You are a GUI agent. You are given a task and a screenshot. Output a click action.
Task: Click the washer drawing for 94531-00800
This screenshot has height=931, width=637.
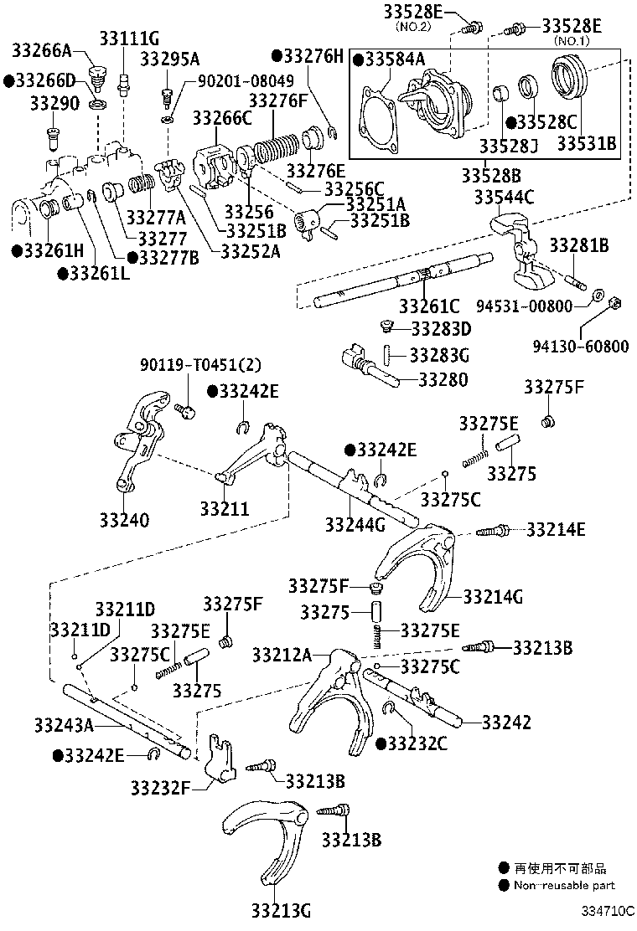[597, 295]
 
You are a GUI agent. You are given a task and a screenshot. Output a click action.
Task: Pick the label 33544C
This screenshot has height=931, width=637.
[505, 198]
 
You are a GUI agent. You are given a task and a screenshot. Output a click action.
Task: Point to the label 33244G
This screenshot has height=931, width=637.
[355, 524]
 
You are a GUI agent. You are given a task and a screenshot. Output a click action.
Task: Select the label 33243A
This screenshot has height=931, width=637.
[64, 723]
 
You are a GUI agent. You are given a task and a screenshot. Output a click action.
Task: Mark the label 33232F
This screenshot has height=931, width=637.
[161, 787]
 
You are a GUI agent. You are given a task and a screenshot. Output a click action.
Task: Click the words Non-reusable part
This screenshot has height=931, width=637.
[564, 885]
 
